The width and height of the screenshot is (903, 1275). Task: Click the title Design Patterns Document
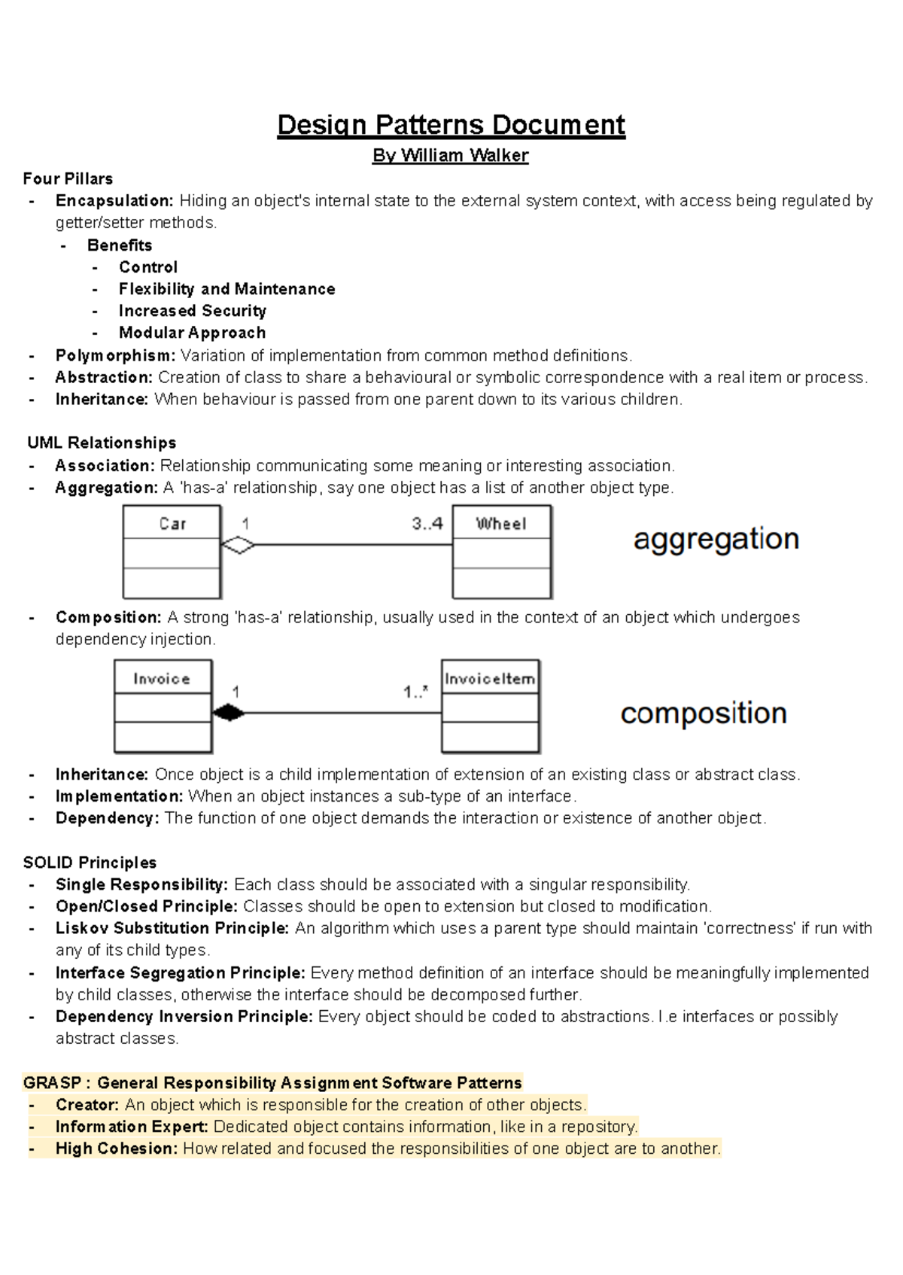click(x=451, y=125)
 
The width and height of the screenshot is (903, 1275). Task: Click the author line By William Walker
click(x=451, y=156)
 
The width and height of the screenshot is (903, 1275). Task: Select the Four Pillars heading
click(x=68, y=179)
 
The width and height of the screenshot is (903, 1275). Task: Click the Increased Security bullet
click(x=192, y=311)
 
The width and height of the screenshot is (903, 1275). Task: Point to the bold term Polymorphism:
click(x=115, y=355)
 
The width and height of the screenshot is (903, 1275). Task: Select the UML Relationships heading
click(x=102, y=443)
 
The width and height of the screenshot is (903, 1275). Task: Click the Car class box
click(x=172, y=552)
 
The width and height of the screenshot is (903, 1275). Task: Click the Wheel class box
click(x=501, y=552)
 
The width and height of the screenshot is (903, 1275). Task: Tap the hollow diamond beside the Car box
click(x=238, y=545)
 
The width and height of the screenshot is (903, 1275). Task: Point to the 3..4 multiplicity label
click(x=427, y=524)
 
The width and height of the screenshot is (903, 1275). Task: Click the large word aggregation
click(x=716, y=539)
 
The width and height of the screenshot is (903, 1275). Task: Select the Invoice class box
click(x=163, y=706)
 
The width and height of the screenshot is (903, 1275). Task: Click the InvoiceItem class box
click(x=490, y=706)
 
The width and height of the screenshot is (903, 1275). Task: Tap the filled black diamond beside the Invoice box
click(x=229, y=713)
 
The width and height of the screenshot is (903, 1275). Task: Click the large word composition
click(x=704, y=713)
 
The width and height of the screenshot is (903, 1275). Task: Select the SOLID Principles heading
click(x=90, y=863)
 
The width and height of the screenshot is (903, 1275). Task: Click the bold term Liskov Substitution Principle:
click(x=172, y=928)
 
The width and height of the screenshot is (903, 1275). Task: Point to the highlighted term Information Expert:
click(x=132, y=1127)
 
